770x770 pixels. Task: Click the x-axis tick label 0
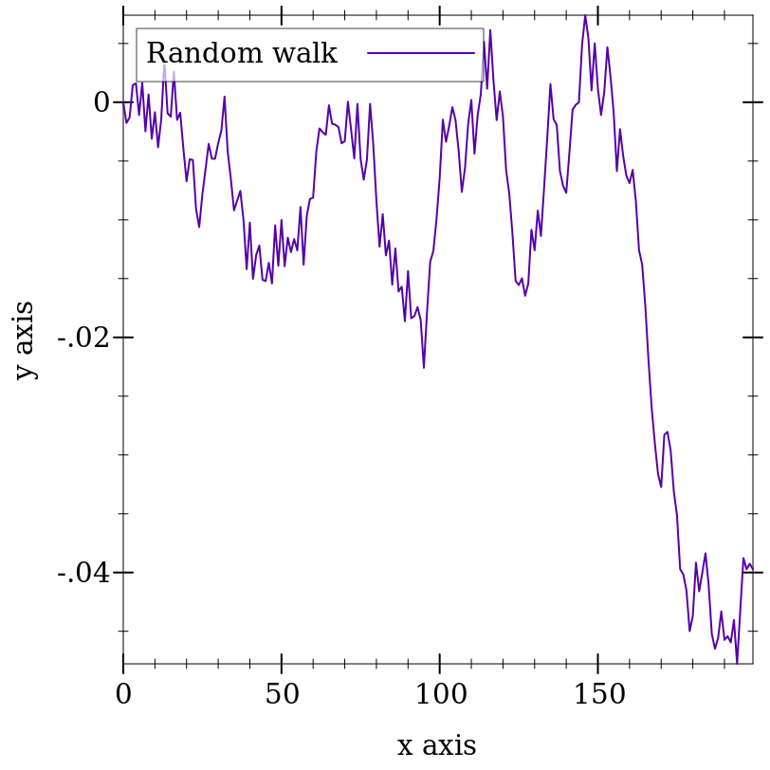point(123,695)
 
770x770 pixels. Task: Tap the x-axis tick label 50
point(282,695)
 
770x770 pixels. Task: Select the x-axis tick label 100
point(439,695)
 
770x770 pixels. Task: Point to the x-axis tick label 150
point(597,695)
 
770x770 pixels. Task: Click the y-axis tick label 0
point(101,102)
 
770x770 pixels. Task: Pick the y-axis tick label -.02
point(83,338)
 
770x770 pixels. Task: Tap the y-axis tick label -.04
point(83,573)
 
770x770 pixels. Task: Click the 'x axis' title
point(436,745)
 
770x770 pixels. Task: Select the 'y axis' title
point(25,339)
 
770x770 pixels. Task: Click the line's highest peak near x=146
point(585,15)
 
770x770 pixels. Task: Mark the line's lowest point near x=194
point(737,663)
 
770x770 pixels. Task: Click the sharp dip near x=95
point(424,368)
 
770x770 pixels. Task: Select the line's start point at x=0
point(123,102)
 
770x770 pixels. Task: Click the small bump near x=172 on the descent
point(667,432)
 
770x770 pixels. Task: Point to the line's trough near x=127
point(524,295)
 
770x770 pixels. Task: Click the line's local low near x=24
point(199,227)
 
